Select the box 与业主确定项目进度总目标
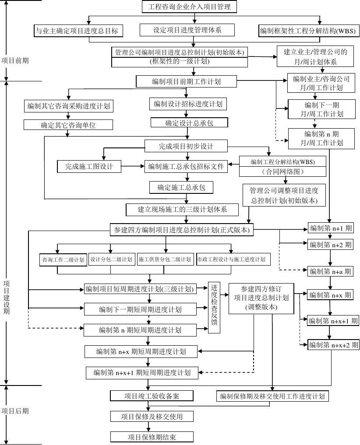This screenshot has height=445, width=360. click(78, 31)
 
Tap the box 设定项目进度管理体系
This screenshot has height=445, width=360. click(187, 30)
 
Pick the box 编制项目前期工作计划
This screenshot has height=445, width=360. click(187, 81)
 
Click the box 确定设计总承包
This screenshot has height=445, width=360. click(189, 123)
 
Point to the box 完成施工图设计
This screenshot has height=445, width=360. click(89, 166)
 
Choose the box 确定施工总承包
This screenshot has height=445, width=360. click(181, 188)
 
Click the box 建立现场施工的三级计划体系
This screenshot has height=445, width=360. click(182, 209)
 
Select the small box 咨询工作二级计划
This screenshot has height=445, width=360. click(63, 259)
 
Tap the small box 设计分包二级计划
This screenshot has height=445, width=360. click(111, 259)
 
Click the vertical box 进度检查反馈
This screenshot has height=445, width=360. click(214, 308)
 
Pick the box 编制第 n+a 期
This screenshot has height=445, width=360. click(330, 271)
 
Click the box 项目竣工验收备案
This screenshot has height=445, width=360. click(151, 396)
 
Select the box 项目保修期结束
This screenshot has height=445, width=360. click(151, 437)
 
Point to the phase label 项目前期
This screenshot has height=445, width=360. click(15, 60)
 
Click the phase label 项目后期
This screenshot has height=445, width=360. click(15, 411)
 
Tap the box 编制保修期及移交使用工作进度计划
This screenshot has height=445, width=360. click(272, 396)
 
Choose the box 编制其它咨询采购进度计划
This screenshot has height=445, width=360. click(68, 106)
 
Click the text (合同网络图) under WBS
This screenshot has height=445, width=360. click(282, 172)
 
